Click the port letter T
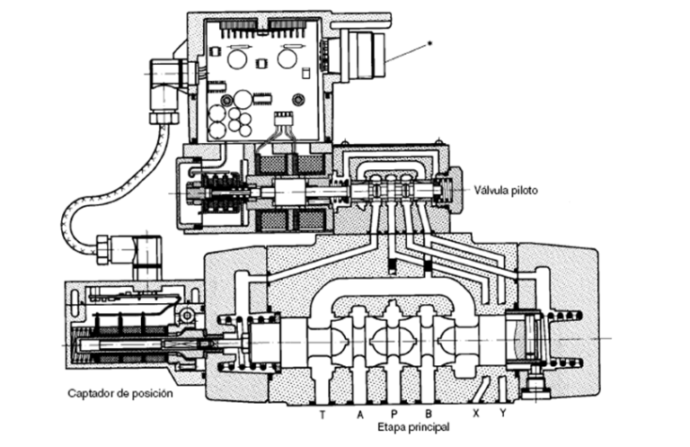323,415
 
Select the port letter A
360,415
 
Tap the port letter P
394,414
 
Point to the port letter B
429,414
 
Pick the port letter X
475,414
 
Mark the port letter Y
503,414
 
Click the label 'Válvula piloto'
506,191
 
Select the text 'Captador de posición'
120,393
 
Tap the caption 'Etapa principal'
413,426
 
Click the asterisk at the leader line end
429,43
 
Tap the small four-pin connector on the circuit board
283,120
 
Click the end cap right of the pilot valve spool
451,191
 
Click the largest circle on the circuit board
243,100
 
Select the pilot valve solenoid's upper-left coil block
270,165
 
